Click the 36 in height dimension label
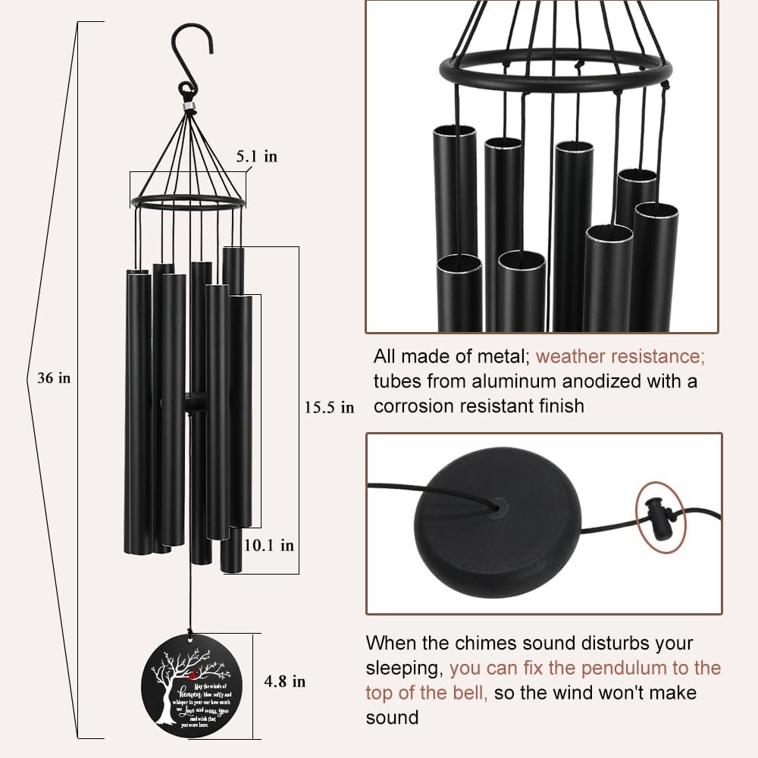tap(53, 378)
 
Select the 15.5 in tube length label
tap(329, 407)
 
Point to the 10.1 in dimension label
tap(268, 544)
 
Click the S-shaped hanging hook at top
tap(184, 57)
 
